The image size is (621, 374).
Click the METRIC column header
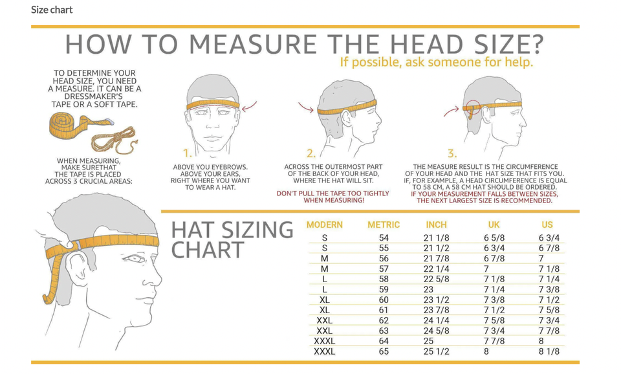coord(384,225)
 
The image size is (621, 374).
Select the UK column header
coord(494,225)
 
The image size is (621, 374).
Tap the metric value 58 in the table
coord(384,279)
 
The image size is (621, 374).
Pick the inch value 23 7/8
coord(436,310)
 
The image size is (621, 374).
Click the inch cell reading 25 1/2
coord(436,351)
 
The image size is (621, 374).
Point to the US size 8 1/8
coord(549,351)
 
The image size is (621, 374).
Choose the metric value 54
coord(384,237)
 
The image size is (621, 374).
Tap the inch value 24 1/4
coord(436,320)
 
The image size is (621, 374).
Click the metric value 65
coord(384,351)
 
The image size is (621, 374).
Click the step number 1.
coord(187,153)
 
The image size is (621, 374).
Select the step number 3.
coord(452,153)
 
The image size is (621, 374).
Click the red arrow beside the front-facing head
coord(249,106)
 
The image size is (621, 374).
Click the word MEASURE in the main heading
coord(253,44)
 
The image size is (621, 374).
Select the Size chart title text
coord(52,10)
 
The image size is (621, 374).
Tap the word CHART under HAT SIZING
coord(208,250)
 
